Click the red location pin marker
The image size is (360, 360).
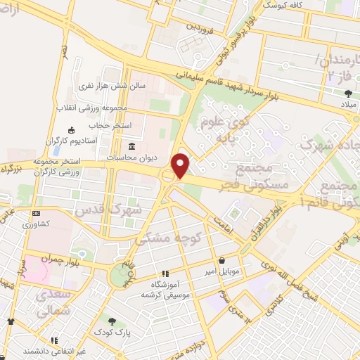181,165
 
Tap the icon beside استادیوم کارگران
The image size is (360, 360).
70,131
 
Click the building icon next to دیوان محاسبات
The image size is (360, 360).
133,146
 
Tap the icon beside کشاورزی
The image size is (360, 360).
35,213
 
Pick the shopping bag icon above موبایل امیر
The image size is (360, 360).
221,259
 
